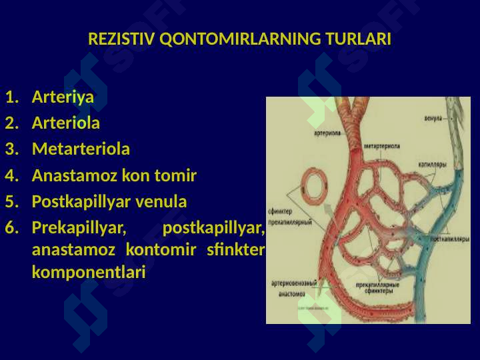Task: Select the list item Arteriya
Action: pos(63,97)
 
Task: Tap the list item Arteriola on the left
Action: pos(66,123)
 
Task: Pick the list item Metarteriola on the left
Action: pos(81,149)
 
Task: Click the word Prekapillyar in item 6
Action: pos(79,228)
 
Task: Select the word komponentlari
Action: pos(88,273)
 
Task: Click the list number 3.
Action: pos(10,149)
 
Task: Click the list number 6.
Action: pos(10,228)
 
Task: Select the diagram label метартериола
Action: pos(382,146)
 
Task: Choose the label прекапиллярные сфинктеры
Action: pos(377,287)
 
